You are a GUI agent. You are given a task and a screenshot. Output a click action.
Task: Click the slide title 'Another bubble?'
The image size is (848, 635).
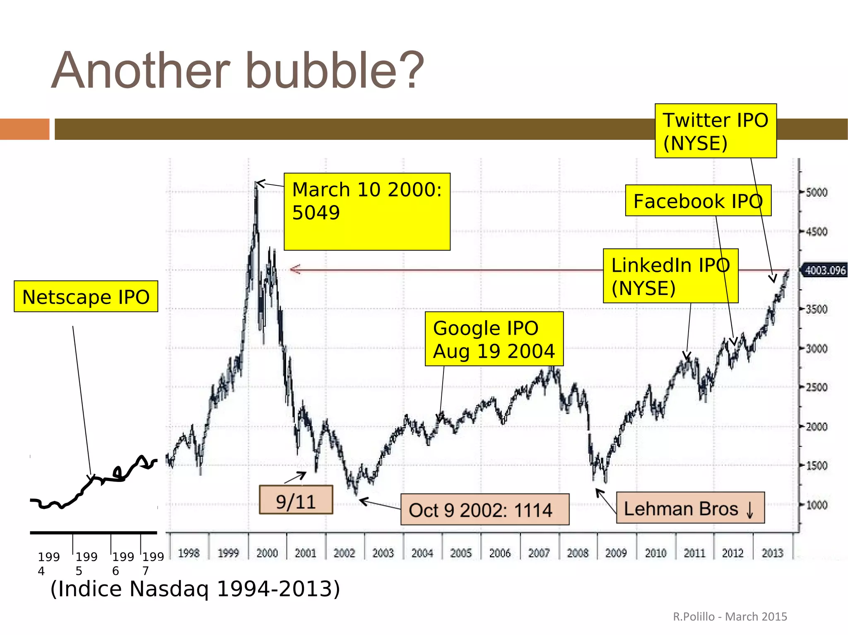[238, 70]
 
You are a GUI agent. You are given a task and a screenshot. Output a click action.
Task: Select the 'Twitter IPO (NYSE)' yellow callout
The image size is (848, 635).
[715, 131]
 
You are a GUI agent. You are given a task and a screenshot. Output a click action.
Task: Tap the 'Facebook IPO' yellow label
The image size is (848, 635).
[698, 201]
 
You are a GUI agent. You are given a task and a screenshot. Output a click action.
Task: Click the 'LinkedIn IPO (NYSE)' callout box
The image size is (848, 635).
[670, 276]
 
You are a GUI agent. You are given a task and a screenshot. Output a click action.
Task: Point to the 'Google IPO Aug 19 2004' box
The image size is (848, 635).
[494, 339]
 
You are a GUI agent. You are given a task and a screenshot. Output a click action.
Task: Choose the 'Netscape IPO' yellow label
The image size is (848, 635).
[86, 297]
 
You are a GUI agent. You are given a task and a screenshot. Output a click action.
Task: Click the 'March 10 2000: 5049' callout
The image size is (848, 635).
[366, 211]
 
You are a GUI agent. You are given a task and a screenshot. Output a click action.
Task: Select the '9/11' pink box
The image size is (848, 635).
[296, 501]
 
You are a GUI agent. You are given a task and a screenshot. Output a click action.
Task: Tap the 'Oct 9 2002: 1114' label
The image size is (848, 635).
[484, 510]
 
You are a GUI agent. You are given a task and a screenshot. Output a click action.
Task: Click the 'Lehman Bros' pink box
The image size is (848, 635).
[690, 508]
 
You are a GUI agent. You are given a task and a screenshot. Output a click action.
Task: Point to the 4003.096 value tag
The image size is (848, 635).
[824, 271]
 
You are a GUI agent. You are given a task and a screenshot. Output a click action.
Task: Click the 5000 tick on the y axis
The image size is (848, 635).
[816, 192]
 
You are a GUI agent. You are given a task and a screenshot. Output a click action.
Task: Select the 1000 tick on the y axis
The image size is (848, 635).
[816, 505]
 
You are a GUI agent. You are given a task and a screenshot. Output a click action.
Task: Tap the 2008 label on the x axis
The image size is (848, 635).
[577, 553]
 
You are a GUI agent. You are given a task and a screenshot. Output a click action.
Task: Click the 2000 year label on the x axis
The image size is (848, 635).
[267, 553]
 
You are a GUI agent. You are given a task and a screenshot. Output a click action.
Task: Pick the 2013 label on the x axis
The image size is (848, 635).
[772, 553]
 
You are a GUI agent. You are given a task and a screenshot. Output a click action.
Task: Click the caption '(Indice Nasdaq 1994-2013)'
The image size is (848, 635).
[195, 589]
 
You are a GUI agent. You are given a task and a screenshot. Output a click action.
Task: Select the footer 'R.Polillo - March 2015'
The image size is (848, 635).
[730, 616]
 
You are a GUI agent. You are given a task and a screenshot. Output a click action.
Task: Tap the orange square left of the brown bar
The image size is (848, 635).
[24, 129]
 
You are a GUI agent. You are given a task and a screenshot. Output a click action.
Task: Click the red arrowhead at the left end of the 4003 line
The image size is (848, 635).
[295, 270]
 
